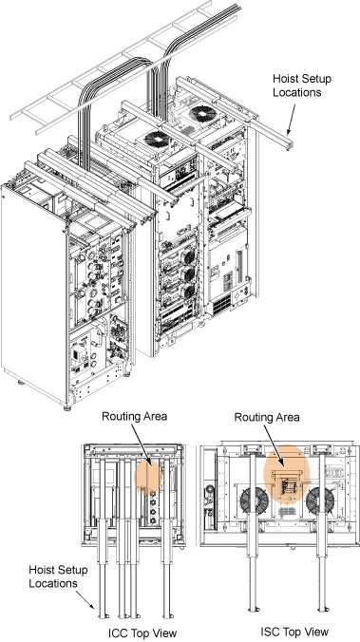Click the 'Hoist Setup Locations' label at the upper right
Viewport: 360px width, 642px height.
coord(302,85)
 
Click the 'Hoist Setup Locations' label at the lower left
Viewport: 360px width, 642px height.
coord(58,576)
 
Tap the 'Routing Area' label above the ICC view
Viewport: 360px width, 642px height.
coord(134,416)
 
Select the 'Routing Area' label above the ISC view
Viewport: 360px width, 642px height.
coord(267,417)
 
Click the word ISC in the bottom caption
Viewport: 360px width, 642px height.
coord(269,632)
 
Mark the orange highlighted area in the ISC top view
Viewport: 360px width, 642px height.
coord(286,474)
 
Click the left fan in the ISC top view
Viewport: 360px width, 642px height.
coord(254,501)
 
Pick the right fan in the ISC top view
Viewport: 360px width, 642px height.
coord(320,501)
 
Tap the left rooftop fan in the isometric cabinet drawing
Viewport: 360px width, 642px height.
coord(157,140)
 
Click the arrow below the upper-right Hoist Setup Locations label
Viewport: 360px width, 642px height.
coord(291,120)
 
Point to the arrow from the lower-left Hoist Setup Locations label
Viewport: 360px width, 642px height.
coord(85,600)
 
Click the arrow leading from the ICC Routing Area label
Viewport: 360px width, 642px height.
coord(142,445)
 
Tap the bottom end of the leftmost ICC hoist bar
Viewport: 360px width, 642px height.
coord(102,615)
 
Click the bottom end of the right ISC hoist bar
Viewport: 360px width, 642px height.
coord(323,610)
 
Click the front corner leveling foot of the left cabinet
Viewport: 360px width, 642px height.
coord(67,407)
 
